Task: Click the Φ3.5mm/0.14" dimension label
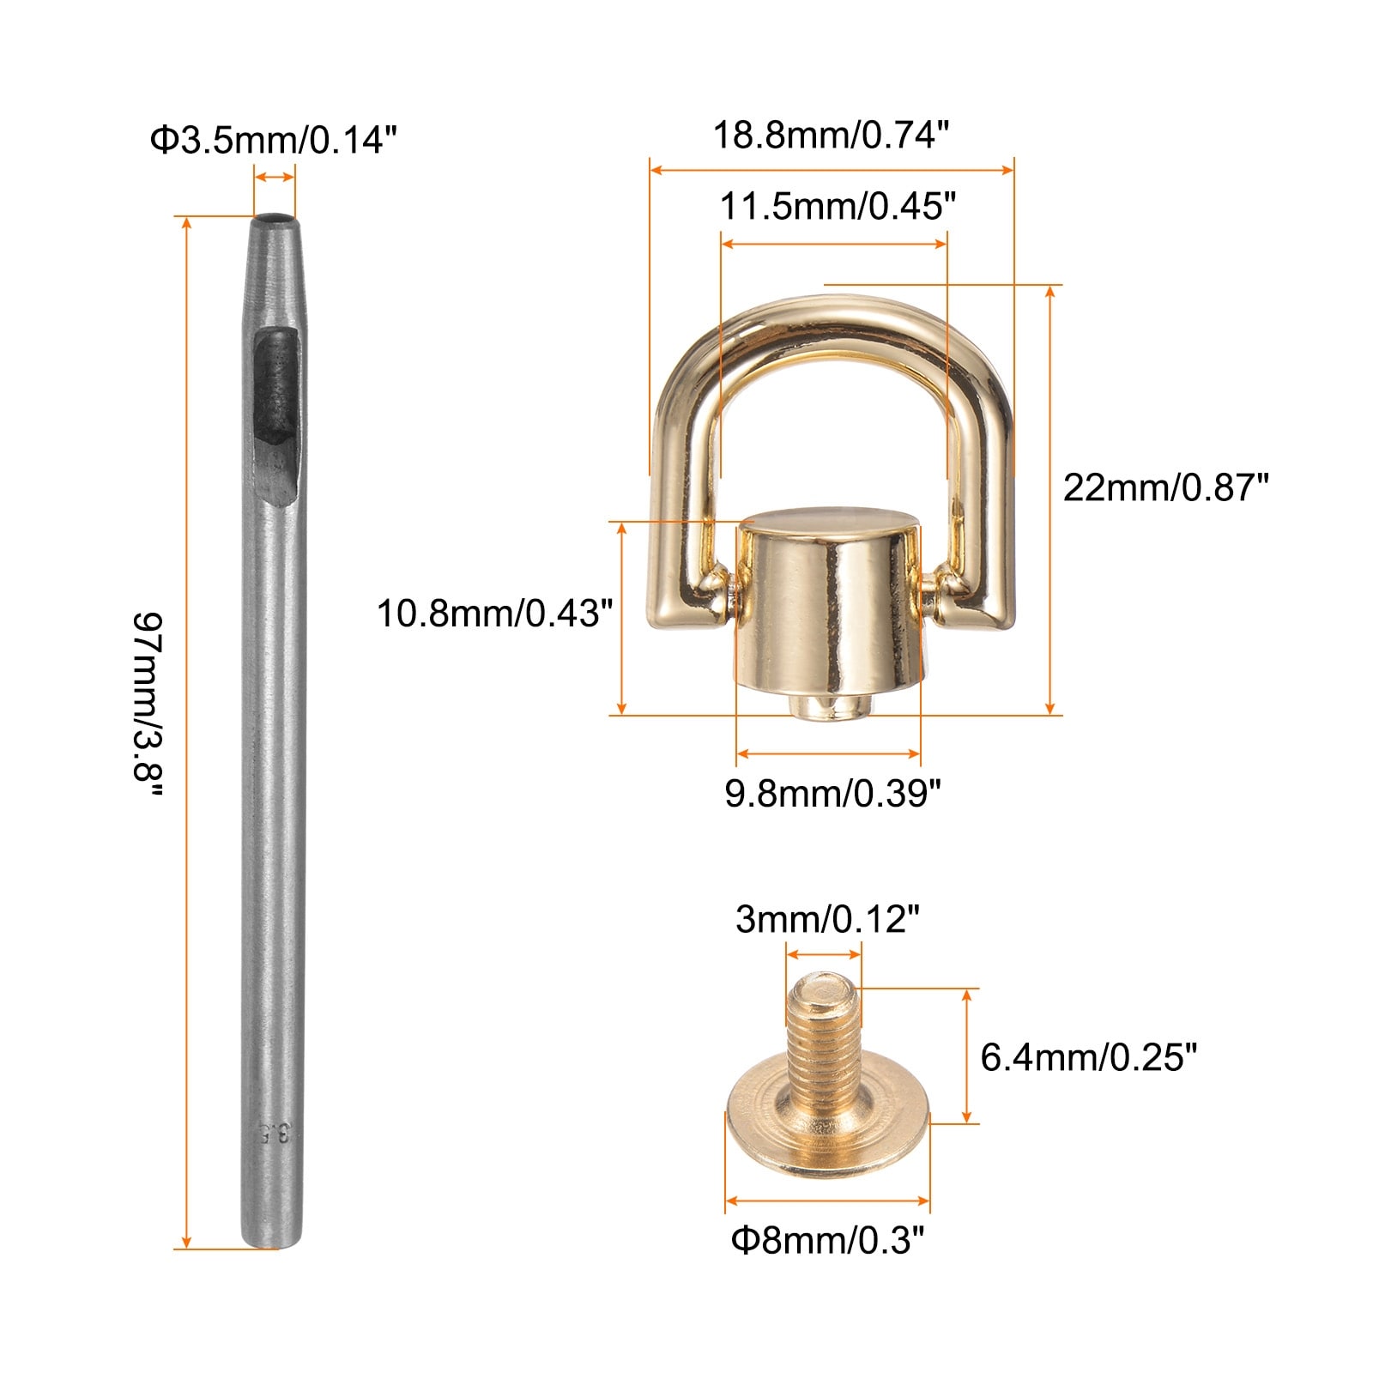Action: [x=274, y=139]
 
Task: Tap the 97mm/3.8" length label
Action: [x=148, y=708]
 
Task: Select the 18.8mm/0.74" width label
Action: [x=832, y=135]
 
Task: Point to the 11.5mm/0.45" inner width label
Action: [x=838, y=207]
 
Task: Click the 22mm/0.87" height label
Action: [x=1165, y=487]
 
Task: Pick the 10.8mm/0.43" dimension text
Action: [x=495, y=614]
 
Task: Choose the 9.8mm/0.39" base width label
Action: [x=833, y=793]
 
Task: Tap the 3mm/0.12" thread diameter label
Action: [x=827, y=919]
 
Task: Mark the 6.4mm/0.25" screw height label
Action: [x=1088, y=1056]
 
